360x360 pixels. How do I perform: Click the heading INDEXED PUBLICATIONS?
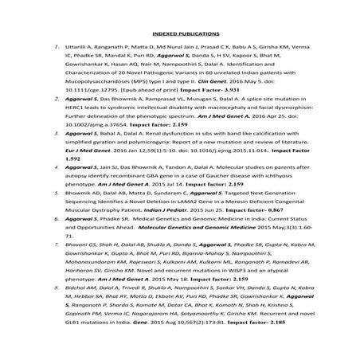(179, 35)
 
